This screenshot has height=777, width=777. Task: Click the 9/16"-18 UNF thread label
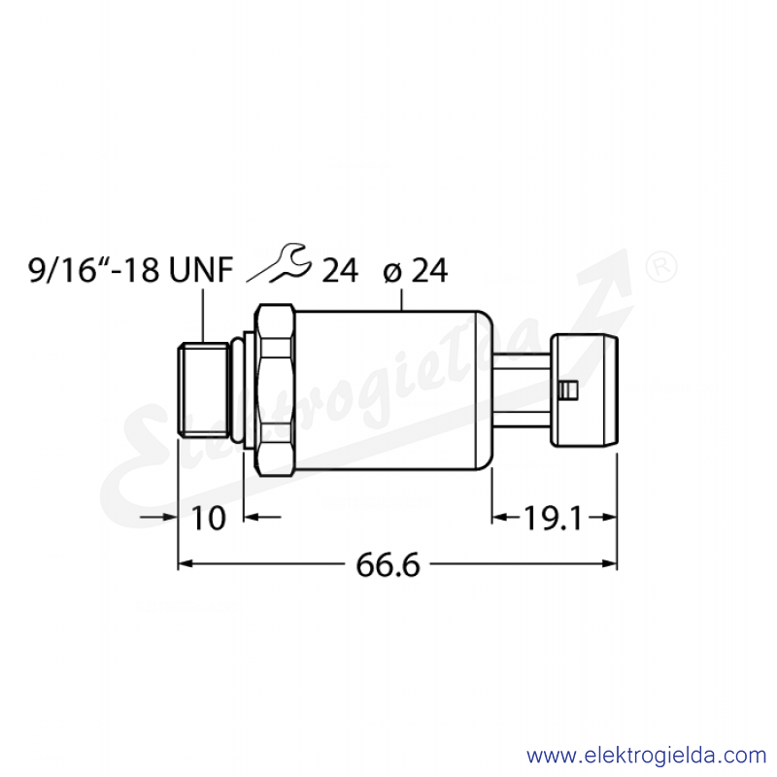tap(130, 271)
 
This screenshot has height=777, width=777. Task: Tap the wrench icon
tap(280, 262)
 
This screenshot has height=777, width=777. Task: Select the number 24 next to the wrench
tap(340, 271)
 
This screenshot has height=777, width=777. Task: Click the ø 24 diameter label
tap(416, 271)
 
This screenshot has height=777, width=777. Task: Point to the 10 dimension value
tap(208, 519)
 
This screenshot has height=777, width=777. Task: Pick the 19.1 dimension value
tap(553, 519)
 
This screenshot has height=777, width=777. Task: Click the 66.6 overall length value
tap(388, 565)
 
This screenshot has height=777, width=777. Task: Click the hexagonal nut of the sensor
tap(275, 390)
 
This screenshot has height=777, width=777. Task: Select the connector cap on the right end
tap(585, 390)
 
